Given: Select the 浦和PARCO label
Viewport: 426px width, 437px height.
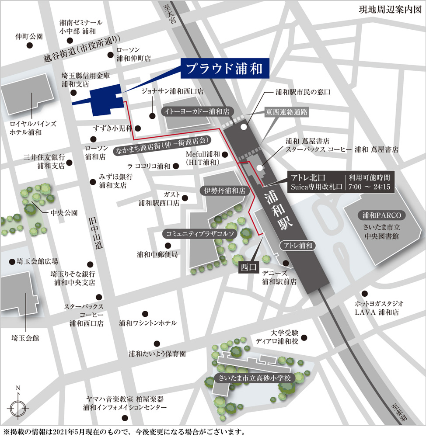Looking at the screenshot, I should [381, 215].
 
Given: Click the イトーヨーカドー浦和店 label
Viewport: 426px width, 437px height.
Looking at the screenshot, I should [197, 111].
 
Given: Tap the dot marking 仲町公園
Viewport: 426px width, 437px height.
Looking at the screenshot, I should [30, 45].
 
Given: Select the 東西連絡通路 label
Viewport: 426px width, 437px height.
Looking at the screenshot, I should [287, 112].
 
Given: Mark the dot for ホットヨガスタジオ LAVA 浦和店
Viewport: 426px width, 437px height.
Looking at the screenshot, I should [364, 293].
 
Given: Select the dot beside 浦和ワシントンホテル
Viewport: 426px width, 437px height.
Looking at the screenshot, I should [145, 314].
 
